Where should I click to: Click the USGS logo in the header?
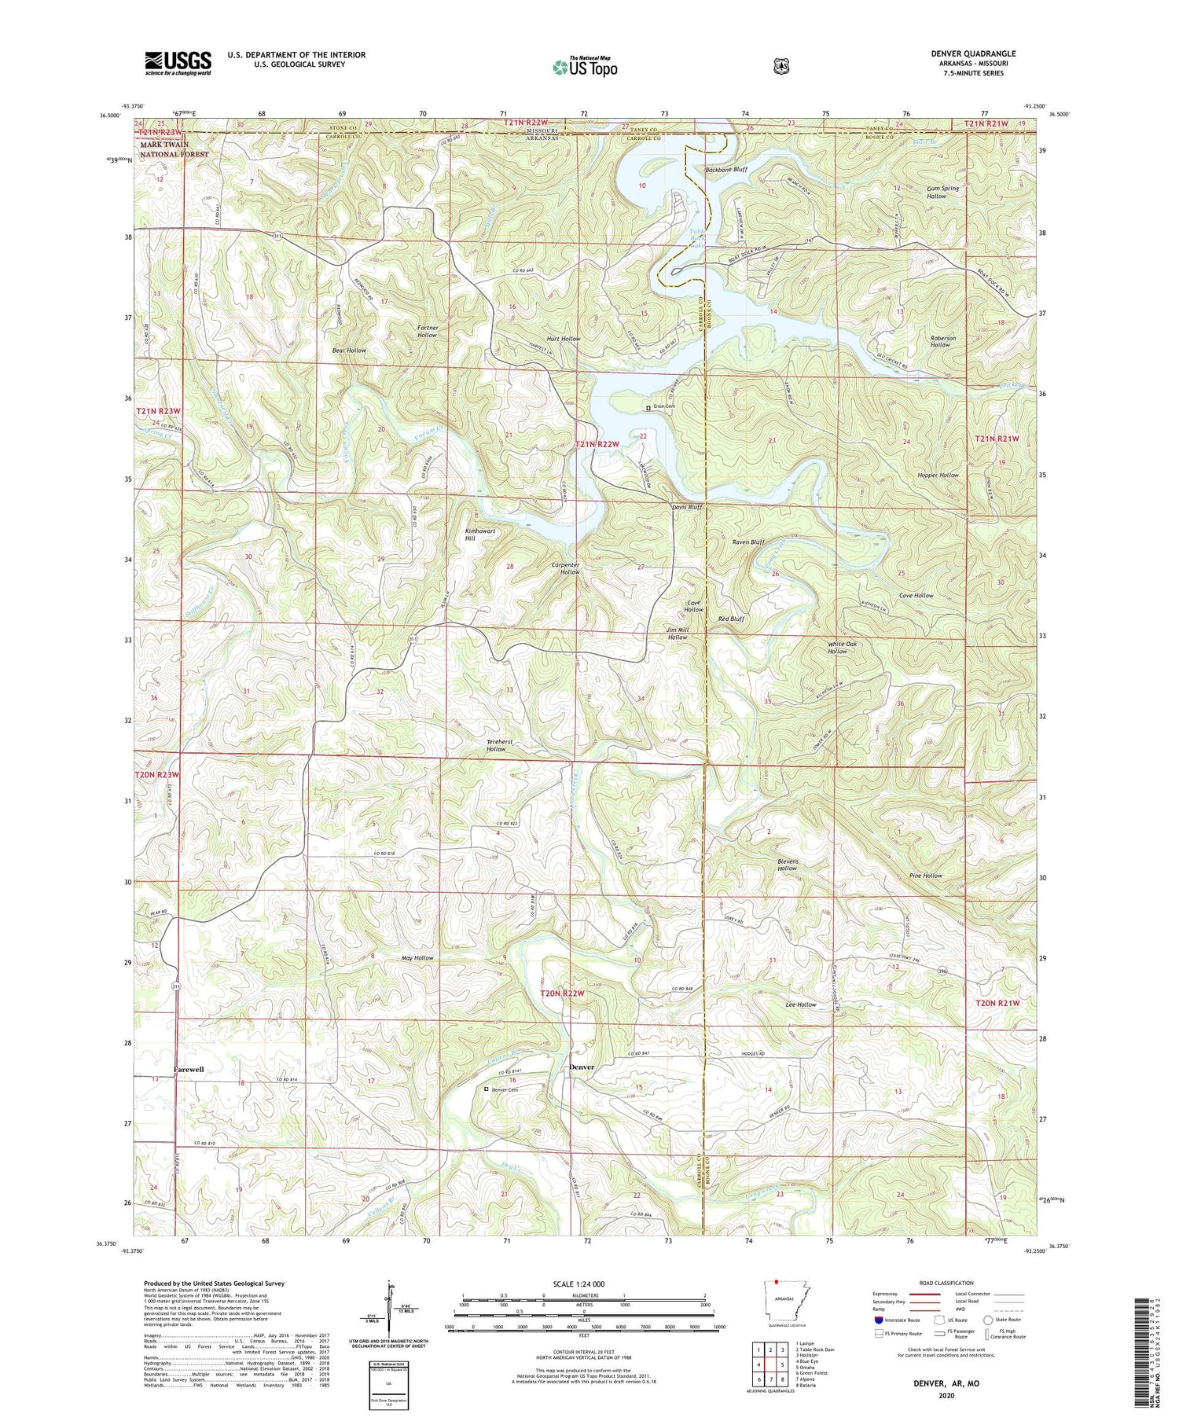tap(178, 62)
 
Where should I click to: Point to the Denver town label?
tap(581, 1067)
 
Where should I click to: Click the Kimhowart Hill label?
tap(480, 534)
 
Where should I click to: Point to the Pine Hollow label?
tap(925, 876)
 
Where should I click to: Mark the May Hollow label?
tap(417, 958)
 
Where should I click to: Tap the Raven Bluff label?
tap(748, 542)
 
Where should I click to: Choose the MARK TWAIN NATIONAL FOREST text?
tap(174, 149)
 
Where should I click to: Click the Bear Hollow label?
tap(349, 350)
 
